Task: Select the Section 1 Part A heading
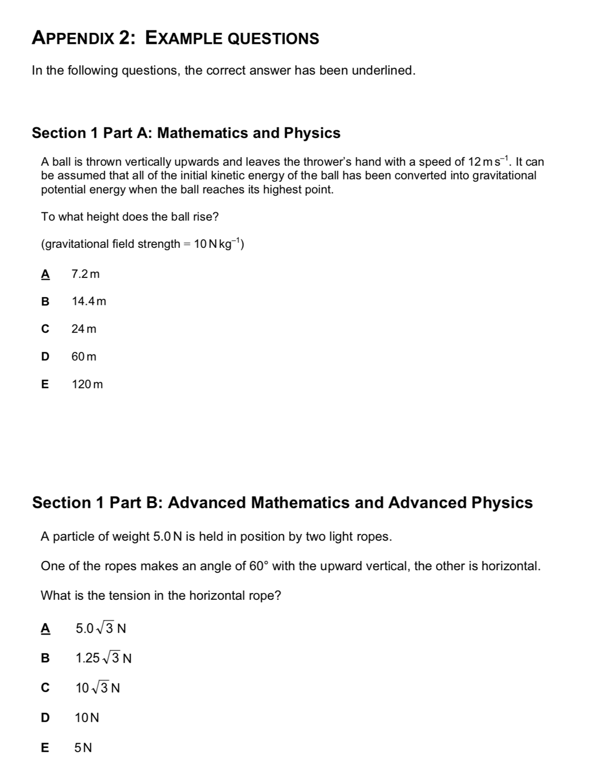(x=186, y=133)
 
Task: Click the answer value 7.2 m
(x=86, y=274)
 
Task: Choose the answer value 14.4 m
(x=89, y=301)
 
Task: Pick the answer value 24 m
(x=84, y=329)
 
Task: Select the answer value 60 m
(x=84, y=357)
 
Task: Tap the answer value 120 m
(x=88, y=384)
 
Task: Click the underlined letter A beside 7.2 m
(x=45, y=274)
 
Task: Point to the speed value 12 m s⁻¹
(x=489, y=161)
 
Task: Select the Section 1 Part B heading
(x=282, y=502)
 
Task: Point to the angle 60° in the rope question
(x=257, y=566)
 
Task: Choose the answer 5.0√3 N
(x=101, y=629)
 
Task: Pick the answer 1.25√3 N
(x=104, y=658)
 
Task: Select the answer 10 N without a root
(x=88, y=717)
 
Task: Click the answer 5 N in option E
(x=84, y=747)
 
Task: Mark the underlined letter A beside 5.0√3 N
(x=45, y=629)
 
